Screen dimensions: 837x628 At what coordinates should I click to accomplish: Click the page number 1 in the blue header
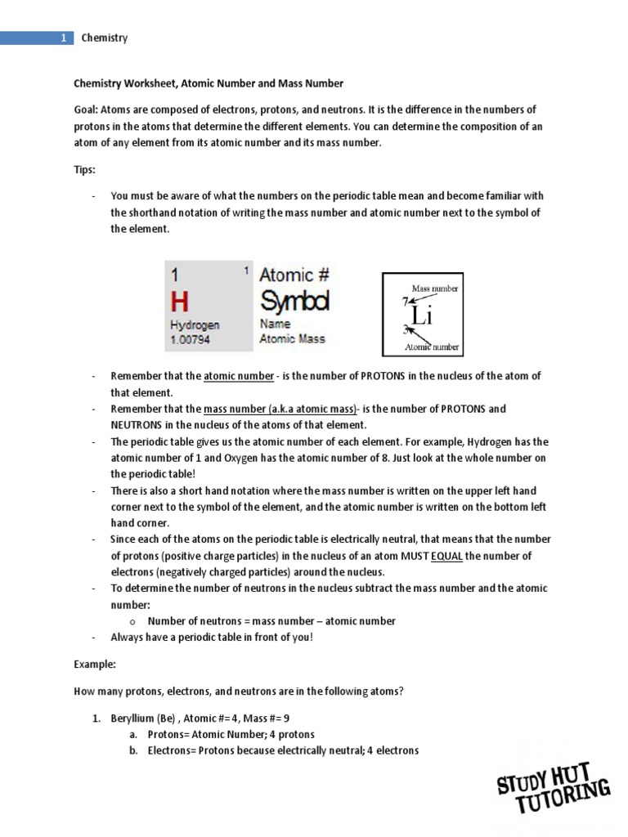tap(63, 38)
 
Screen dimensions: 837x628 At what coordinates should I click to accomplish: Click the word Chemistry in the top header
tap(105, 38)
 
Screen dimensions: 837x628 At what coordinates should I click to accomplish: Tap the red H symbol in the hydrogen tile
tap(180, 302)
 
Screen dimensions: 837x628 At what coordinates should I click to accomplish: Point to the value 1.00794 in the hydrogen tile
tap(191, 339)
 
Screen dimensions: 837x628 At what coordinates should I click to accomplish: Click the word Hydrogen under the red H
tap(195, 325)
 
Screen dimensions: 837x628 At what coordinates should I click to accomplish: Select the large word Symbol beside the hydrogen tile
tap(294, 301)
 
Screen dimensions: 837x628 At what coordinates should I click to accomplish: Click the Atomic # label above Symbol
tap(294, 275)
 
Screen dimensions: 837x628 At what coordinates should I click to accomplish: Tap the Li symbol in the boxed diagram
tap(420, 315)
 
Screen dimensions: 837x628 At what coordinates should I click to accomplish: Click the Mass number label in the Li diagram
tap(434, 289)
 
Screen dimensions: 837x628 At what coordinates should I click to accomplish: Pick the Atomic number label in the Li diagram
tap(433, 347)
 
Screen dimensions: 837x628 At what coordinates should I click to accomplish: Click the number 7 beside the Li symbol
tap(405, 302)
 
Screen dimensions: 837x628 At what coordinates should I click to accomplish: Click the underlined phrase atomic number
tap(239, 376)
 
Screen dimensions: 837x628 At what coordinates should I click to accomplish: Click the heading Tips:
tap(85, 169)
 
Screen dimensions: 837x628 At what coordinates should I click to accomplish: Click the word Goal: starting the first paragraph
tap(87, 110)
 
